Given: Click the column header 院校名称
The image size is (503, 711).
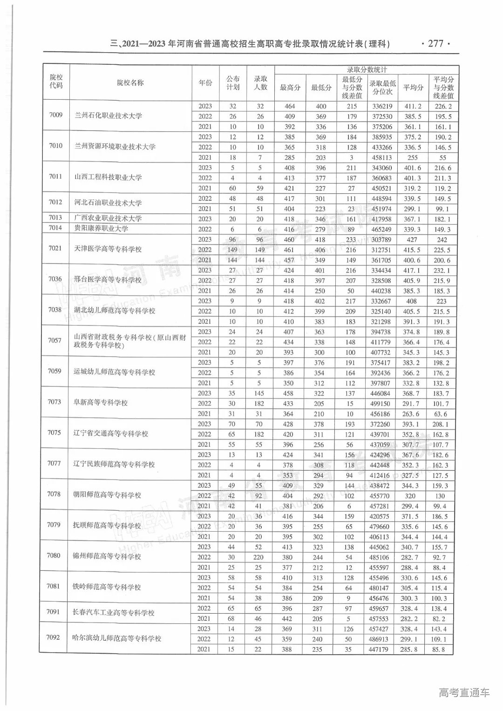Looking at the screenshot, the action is [x=130, y=83].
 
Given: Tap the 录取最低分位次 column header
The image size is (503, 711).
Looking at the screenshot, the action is [x=383, y=87].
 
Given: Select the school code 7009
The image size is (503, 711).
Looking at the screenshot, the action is [x=55, y=115].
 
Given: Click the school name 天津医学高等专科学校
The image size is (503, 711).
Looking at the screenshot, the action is [x=109, y=249].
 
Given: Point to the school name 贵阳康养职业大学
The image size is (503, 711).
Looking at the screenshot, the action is [x=102, y=229].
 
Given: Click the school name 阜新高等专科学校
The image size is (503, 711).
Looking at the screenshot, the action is [x=101, y=403].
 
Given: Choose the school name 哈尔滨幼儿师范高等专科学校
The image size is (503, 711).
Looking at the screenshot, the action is [x=118, y=638].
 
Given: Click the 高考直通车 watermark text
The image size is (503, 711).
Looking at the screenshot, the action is [x=464, y=692].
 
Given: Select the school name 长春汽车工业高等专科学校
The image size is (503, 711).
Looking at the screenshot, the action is [x=114, y=613].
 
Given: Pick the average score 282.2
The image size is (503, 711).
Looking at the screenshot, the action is [x=411, y=619].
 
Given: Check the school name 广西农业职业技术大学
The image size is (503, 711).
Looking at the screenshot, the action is [x=108, y=218].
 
